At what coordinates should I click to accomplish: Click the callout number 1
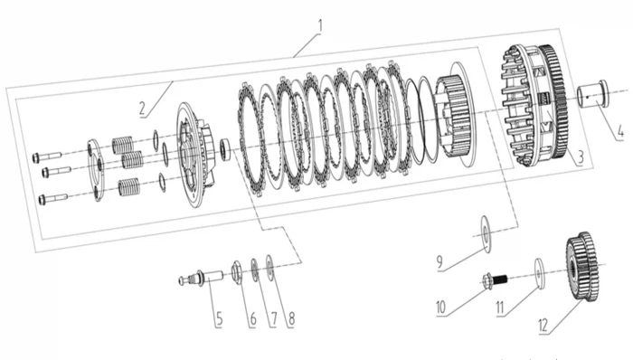coord(320,26)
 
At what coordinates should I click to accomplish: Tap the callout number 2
coord(142,109)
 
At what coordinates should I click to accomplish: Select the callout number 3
coord(581,156)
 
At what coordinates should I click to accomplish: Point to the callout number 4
coord(620,132)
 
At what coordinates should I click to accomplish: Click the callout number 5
coord(219,318)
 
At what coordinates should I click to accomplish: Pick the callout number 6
coord(252,318)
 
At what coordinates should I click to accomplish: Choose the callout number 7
coord(273,318)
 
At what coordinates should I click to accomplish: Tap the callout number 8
coord(291,318)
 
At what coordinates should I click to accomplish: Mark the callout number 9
coord(440,262)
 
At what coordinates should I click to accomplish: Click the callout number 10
coord(440,308)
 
